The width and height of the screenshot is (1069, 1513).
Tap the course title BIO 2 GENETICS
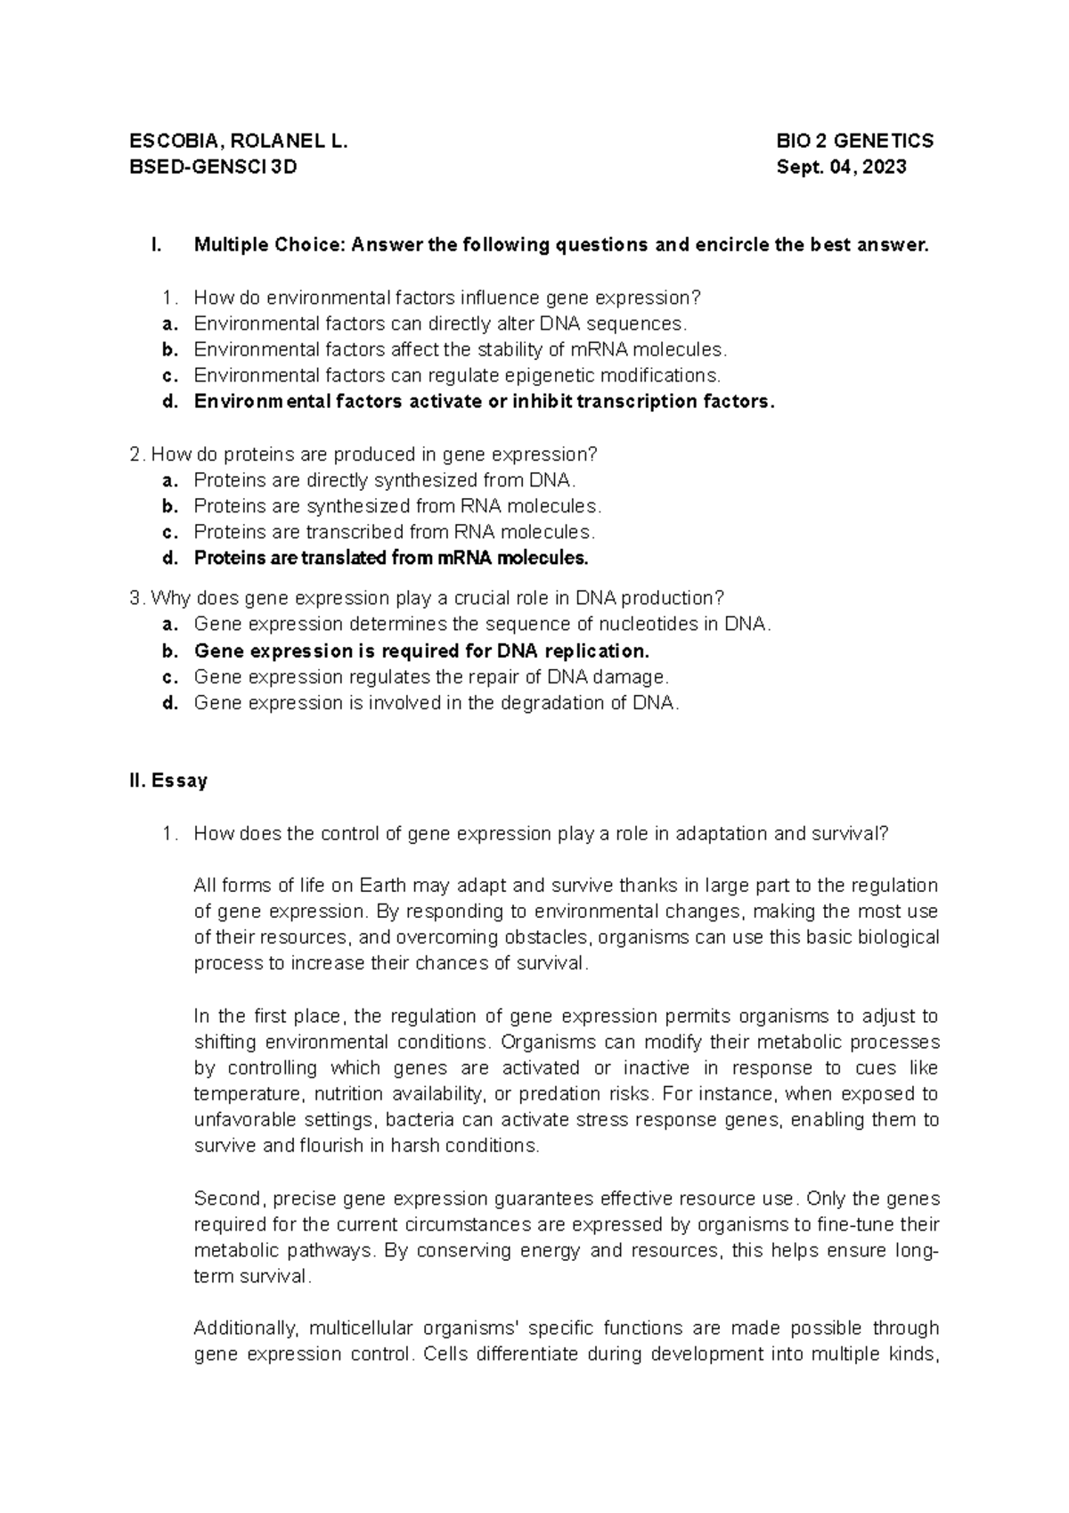(854, 141)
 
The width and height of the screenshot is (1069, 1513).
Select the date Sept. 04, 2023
(841, 167)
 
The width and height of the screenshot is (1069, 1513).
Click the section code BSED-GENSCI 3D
(214, 167)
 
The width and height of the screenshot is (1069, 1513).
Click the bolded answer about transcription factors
(484, 401)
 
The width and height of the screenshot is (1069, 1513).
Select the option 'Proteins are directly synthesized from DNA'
(384, 480)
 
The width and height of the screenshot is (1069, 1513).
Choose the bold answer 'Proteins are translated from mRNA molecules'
(391, 558)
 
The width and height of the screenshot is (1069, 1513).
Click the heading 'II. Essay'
(168, 781)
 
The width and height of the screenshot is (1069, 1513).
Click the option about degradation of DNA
(437, 703)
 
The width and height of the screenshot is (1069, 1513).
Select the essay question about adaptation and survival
(541, 834)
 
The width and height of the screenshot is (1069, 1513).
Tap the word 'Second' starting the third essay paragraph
(228, 1198)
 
